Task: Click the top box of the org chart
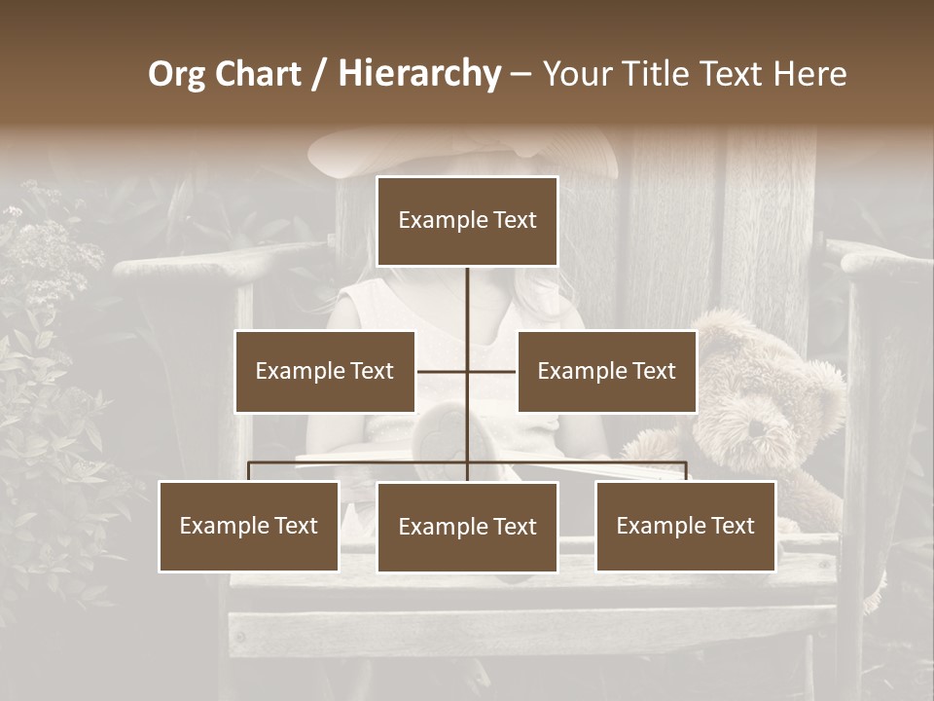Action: pyautogui.click(x=467, y=221)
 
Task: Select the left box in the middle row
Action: pyautogui.click(x=325, y=371)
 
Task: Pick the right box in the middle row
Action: pyautogui.click(x=607, y=371)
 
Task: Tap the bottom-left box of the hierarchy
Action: pyautogui.click(x=249, y=526)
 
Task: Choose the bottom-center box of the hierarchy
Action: pyautogui.click(x=467, y=527)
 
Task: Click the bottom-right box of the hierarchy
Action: pyautogui.click(x=686, y=526)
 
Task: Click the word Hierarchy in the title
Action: pyautogui.click(x=419, y=74)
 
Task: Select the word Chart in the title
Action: pyautogui.click(x=257, y=74)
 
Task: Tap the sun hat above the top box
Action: pyautogui.click(x=462, y=151)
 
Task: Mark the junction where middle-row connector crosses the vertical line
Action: pyautogui.click(x=467, y=371)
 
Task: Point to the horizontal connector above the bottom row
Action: pyautogui.click(x=360, y=462)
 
